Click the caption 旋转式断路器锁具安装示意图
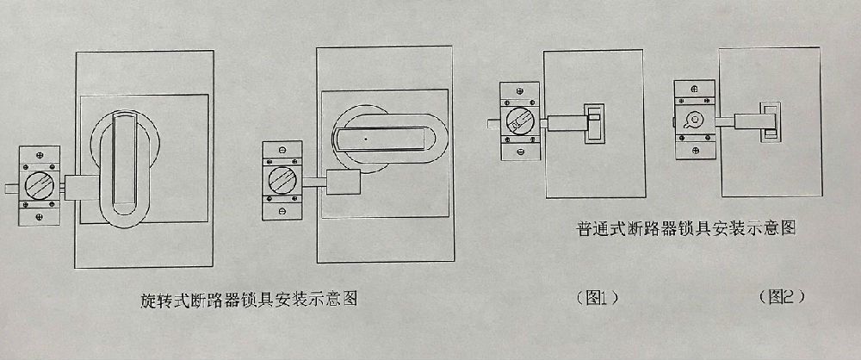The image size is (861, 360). [249, 301]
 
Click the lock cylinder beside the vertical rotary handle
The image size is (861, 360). [40, 186]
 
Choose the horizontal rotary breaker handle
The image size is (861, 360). [379, 139]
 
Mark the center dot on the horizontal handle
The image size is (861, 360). [365, 137]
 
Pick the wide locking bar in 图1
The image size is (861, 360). [566, 121]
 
